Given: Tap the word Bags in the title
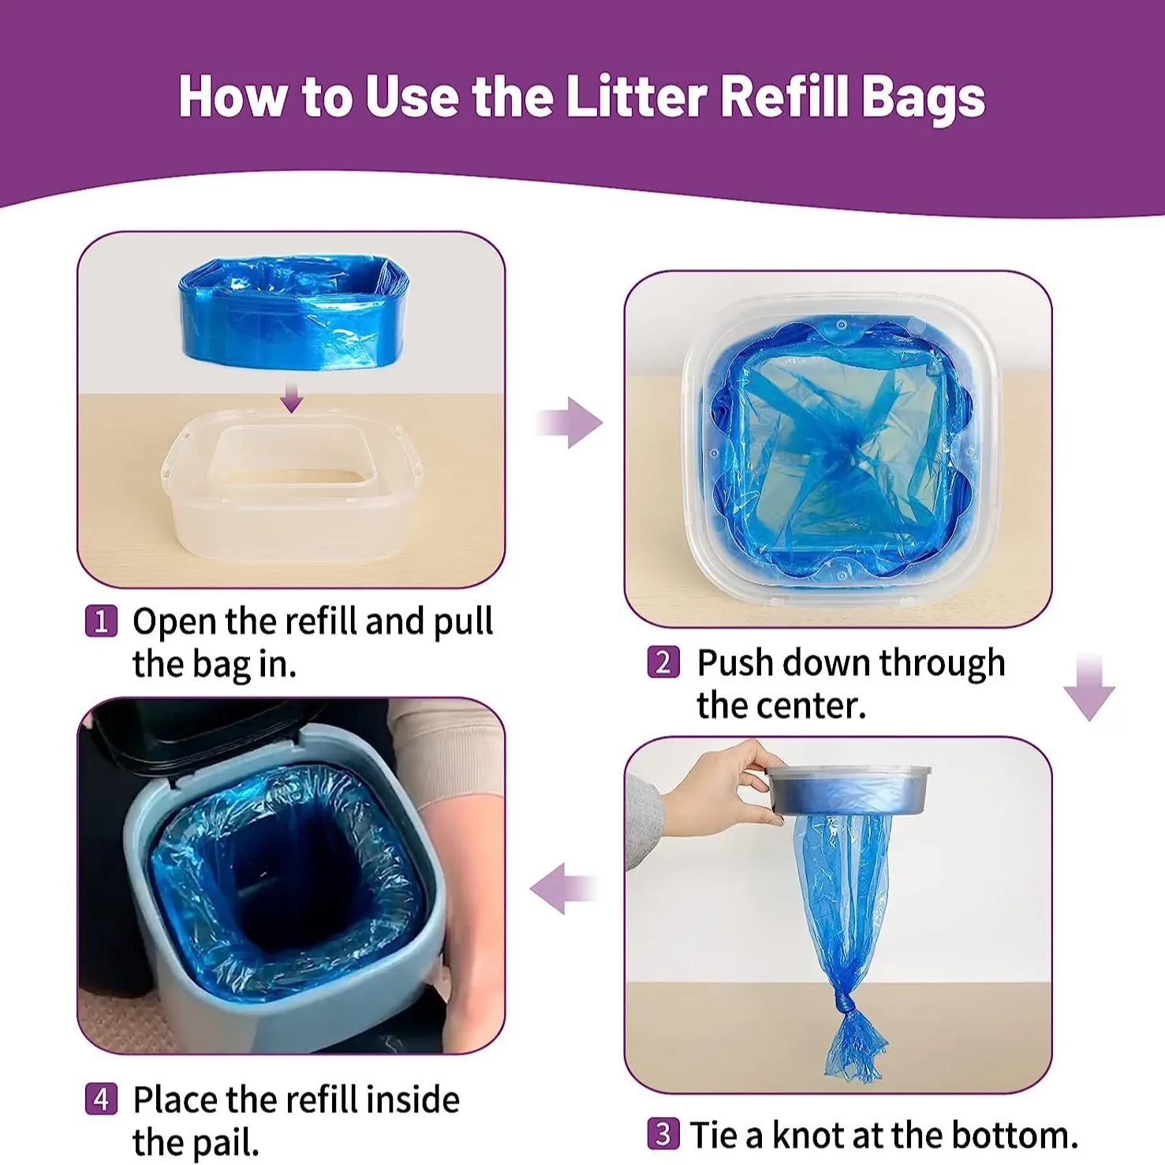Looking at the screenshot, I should pos(922,99).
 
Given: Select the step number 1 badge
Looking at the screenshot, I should pos(101,622).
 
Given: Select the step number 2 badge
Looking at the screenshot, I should pos(663,663).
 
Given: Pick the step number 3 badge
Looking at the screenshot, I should pos(663,1134).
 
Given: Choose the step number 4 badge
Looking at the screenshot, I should pos(101,1099).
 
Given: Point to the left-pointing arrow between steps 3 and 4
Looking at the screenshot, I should pos(562,888).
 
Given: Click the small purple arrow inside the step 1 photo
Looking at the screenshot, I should pos(292,398).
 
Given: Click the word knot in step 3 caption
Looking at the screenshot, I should pos(808,1136).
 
